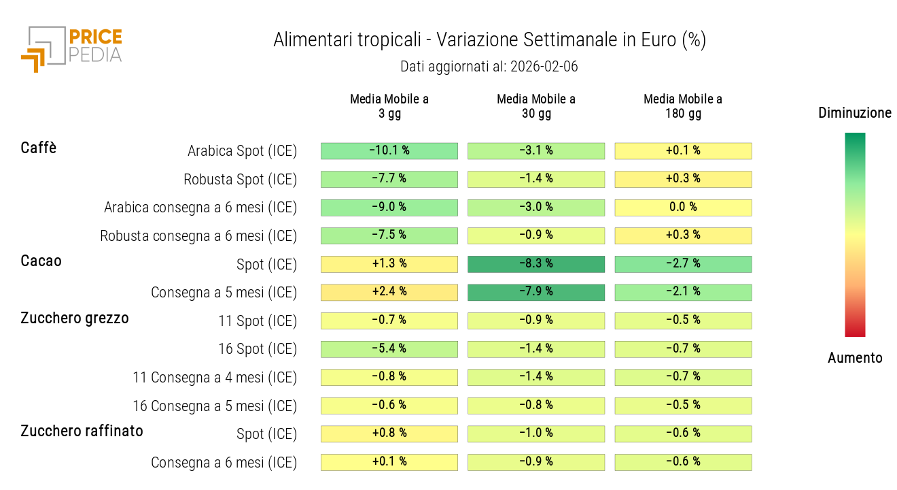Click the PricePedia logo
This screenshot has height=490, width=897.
point(71,48)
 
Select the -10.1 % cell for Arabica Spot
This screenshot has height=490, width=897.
point(389,150)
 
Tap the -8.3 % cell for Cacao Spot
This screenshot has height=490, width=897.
point(536,264)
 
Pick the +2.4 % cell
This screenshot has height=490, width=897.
point(389,292)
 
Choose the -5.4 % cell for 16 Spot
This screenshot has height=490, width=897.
point(389,349)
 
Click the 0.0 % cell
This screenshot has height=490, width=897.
point(683,208)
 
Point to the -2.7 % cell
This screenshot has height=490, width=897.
point(683,264)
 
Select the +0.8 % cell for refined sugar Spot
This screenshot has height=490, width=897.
point(389,434)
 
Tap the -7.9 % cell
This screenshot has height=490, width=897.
point(536,292)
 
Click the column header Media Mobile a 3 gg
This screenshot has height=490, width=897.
point(389,106)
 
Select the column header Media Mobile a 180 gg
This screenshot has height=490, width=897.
point(683,106)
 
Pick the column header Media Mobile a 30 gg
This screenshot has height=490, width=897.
point(536,106)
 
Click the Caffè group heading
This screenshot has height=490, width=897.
point(39,148)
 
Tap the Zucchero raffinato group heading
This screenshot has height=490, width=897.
point(82,431)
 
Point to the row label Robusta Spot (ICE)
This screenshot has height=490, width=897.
point(240,180)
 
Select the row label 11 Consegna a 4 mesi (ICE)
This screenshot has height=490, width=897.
point(215,378)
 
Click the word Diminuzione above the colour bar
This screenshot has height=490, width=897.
point(855,113)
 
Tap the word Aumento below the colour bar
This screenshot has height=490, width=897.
point(855,358)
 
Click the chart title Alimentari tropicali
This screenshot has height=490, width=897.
point(489,40)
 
